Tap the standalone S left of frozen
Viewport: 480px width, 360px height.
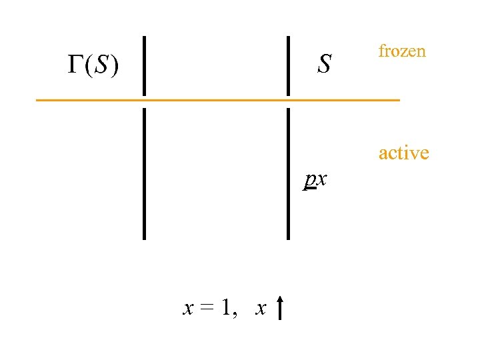pyautogui.click(x=325, y=65)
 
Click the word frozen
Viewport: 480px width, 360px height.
pyautogui.click(x=401, y=51)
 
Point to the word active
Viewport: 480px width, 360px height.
pyautogui.click(x=403, y=153)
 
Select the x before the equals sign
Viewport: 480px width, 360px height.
pyautogui.click(x=189, y=308)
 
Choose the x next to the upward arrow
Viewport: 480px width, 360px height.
pyautogui.click(x=261, y=308)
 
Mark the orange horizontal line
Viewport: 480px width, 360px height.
pyautogui.click(x=217, y=100)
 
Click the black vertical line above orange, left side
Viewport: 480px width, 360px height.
pyautogui.click(x=144, y=65)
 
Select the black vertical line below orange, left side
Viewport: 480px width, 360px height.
pyautogui.click(x=144, y=173)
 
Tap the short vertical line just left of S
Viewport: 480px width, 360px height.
pyautogui.click(x=288, y=65)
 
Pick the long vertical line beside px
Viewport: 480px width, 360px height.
pyautogui.click(x=288, y=173)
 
